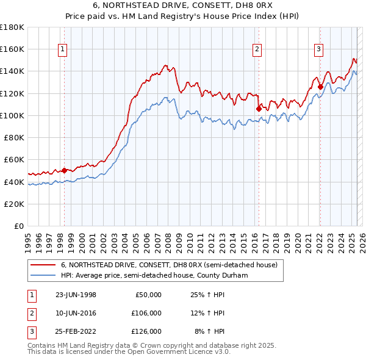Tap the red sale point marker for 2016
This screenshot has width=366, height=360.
(258, 109)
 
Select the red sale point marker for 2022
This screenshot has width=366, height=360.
(320, 87)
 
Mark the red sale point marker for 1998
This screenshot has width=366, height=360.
(64, 170)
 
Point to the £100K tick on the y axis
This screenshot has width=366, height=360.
(12, 115)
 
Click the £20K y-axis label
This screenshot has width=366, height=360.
(14, 204)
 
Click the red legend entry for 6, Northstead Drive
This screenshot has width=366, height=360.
(169, 265)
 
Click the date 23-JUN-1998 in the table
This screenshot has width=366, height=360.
(76, 295)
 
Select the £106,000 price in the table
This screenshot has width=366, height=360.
(146, 313)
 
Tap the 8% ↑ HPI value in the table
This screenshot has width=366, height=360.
(209, 331)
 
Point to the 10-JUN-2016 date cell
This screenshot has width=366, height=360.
(76, 313)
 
